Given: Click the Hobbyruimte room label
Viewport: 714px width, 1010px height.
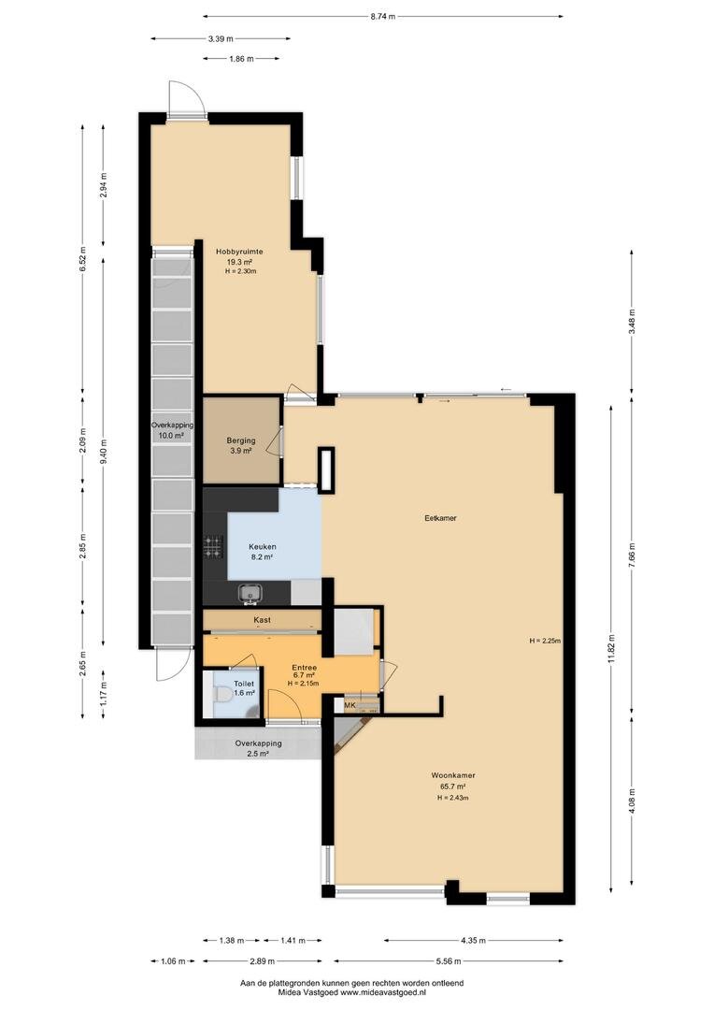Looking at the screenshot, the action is pyautogui.click(x=239, y=252).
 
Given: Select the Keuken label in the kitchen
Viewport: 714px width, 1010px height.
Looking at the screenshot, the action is pyautogui.click(x=262, y=547).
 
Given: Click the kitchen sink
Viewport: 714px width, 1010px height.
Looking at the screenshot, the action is pyautogui.click(x=248, y=592).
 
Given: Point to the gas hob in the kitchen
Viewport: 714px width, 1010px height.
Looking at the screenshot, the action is pyautogui.click(x=212, y=546).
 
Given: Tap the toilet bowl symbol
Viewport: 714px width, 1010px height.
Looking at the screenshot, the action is pyautogui.click(x=221, y=695).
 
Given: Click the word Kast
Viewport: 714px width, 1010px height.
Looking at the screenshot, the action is pyautogui.click(x=262, y=620).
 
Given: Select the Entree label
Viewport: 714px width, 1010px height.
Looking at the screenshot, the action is pyautogui.click(x=304, y=668).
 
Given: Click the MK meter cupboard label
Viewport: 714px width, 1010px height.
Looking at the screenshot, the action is pyautogui.click(x=350, y=706).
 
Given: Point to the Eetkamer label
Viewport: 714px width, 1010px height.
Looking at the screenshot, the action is pyautogui.click(x=440, y=517).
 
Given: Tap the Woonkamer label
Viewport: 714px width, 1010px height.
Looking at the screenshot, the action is pyautogui.click(x=453, y=775).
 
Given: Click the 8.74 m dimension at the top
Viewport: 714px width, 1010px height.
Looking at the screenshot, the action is pyautogui.click(x=382, y=17).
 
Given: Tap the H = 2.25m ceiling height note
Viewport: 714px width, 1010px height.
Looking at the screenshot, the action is pyautogui.click(x=545, y=641).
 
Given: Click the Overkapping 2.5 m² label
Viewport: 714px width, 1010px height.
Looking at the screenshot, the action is pyautogui.click(x=258, y=748).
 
